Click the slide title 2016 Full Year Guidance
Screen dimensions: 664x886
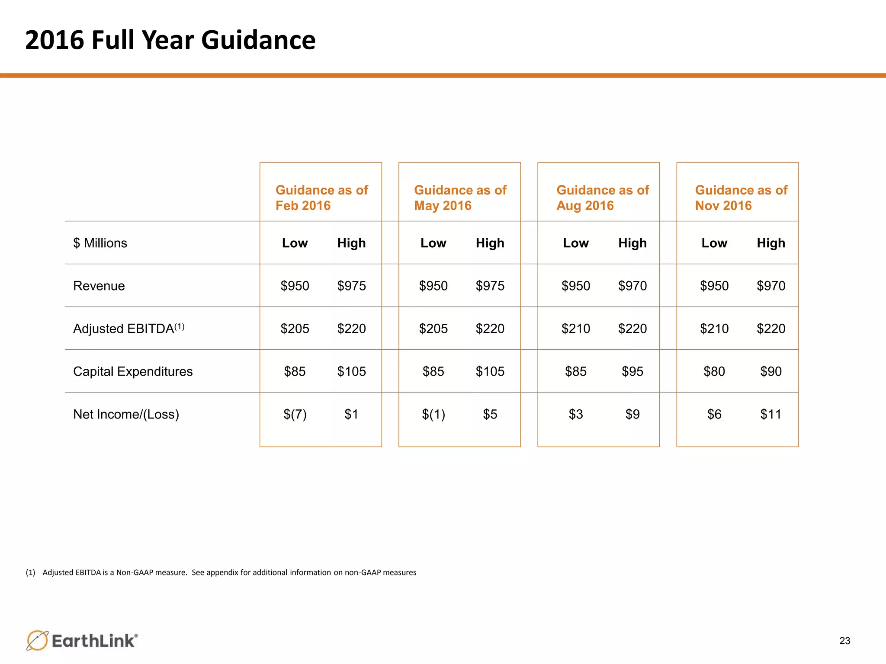(x=170, y=40)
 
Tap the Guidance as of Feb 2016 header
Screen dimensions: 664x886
(x=321, y=198)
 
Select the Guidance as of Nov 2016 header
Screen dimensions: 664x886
(x=741, y=198)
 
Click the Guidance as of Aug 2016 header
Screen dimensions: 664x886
(x=602, y=198)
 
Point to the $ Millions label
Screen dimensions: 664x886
(x=100, y=243)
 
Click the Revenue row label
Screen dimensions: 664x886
(x=99, y=286)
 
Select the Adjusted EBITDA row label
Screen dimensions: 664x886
(x=128, y=329)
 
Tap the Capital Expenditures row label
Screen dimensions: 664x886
(x=133, y=371)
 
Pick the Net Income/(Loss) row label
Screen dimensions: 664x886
(x=126, y=414)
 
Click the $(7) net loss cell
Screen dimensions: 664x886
(x=295, y=414)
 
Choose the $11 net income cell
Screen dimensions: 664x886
(x=771, y=414)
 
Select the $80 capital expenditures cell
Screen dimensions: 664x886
(x=714, y=371)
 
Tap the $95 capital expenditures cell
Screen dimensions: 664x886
(x=632, y=371)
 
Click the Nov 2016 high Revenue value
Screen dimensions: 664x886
(x=771, y=286)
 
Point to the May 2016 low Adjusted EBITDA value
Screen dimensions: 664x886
(x=433, y=329)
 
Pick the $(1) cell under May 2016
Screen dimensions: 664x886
(x=433, y=414)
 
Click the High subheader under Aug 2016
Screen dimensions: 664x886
(x=632, y=243)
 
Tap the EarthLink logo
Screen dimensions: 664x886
(x=82, y=640)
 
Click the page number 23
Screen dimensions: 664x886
(x=844, y=641)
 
